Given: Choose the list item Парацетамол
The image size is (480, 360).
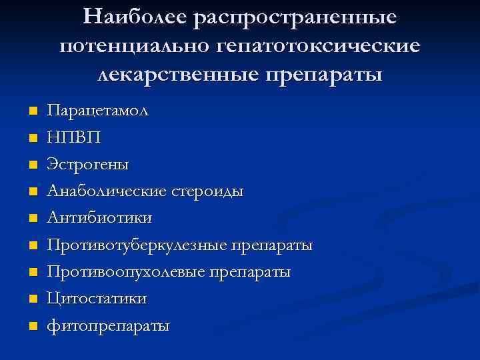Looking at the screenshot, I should pos(98,111).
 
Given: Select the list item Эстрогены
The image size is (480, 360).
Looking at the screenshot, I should pos(88,165).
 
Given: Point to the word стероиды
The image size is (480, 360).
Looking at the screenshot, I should pos(206,191).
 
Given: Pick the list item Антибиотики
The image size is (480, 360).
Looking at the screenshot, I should pos(99,218).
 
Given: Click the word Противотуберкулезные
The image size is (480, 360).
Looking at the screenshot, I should pos(137,245).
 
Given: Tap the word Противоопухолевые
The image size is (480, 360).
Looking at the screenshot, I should pos(127,273).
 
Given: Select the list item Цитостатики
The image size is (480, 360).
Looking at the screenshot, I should pos(97,299).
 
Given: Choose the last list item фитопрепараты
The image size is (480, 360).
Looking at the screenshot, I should pos(108,327).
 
